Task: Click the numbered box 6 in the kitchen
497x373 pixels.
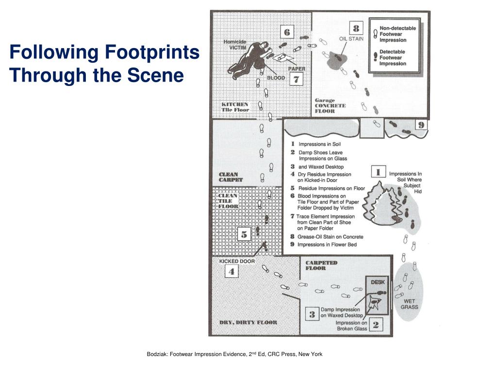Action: [x=287, y=33]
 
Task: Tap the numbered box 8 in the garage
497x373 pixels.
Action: [x=356, y=29]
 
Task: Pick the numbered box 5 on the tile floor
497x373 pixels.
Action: [x=244, y=235]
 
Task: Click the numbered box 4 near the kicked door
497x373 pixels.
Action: [x=232, y=272]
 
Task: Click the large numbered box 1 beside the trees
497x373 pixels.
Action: [x=378, y=172]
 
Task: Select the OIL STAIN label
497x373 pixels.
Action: [x=351, y=38]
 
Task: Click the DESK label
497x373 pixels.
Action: [x=378, y=282]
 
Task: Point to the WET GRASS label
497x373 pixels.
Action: [x=409, y=304]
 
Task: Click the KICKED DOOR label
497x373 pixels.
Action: [x=237, y=261]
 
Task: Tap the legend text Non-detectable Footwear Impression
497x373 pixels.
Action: [x=397, y=34]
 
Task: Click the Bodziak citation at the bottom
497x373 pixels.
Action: [x=234, y=354]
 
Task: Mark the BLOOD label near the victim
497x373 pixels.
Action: [x=276, y=77]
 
